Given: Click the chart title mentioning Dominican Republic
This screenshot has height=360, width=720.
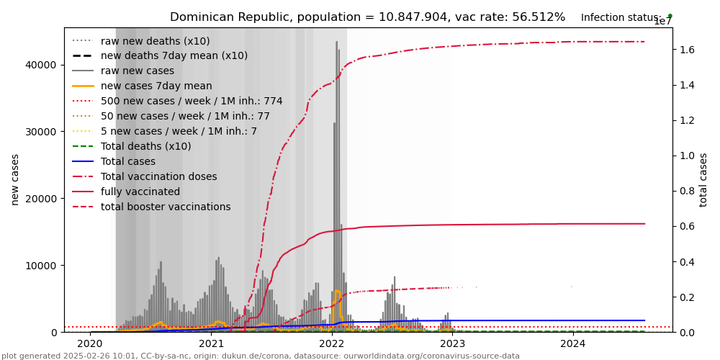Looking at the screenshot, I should [x=367, y=17].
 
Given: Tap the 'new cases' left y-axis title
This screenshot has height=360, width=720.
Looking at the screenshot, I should [x=15, y=179].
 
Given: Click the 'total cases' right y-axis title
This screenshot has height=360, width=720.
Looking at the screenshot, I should [x=703, y=179].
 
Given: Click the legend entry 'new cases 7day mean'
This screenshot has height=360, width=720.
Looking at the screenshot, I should [x=156, y=86].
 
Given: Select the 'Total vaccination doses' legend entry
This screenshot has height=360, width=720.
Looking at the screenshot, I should [x=158, y=177].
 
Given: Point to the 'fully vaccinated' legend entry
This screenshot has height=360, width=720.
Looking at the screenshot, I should [x=140, y=192].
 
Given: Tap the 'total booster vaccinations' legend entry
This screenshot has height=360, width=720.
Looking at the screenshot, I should [x=166, y=207].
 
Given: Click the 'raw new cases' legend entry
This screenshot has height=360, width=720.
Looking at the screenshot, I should [x=137, y=71].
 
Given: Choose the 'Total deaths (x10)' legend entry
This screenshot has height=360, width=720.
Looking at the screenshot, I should [x=145, y=147].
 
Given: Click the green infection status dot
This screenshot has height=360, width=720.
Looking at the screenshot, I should [x=670, y=15].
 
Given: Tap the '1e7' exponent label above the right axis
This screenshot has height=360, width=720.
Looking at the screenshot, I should [x=663, y=22].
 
